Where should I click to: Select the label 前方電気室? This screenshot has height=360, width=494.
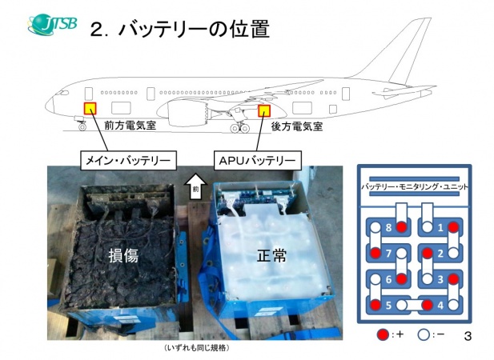pyautogui.click(x=129, y=126)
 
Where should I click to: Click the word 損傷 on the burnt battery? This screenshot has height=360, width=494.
pyautogui.click(x=123, y=256)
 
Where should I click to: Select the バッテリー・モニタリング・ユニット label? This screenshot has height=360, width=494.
pyautogui.click(x=415, y=186)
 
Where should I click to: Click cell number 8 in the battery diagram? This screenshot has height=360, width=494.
pyautogui.click(x=390, y=228)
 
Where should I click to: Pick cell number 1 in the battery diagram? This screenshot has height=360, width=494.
pyautogui.click(x=440, y=228)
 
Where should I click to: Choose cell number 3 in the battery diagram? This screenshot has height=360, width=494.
pyautogui.click(x=440, y=279)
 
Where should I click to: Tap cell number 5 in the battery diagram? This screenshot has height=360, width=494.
pyautogui.click(x=390, y=305)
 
